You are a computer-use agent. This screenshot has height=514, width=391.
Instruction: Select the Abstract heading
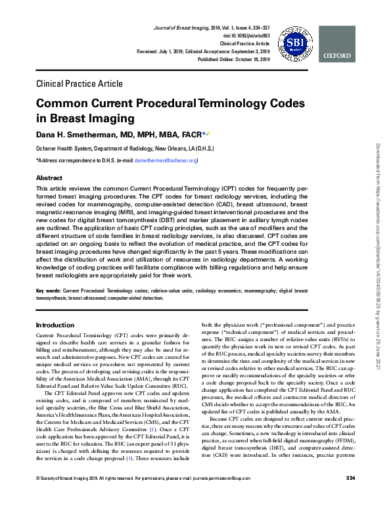tap(49, 178)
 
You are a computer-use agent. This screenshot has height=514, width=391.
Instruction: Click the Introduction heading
tap(55, 325)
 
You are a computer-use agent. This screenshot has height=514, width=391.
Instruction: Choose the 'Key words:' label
tap(48, 290)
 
